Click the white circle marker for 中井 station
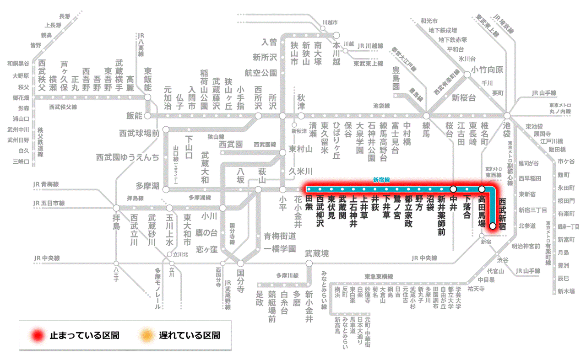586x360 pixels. click(453, 189)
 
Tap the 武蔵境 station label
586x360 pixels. click(317, 253)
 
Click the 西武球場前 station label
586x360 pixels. click(139, 134)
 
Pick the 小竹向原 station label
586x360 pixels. click(487, 70)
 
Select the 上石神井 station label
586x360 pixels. click(353, 211)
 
